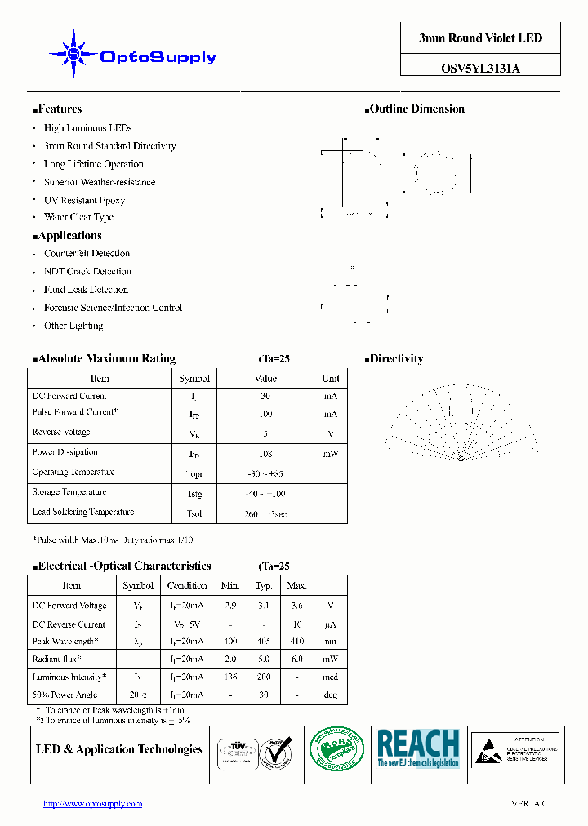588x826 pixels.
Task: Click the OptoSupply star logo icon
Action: pos(73,55)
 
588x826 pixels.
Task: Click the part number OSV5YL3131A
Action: pos(480,69)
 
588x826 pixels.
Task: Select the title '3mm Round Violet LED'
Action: pos(480,38)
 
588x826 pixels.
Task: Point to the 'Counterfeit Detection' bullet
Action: pos(87,254)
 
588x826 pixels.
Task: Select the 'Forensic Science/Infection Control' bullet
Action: pos(113,308)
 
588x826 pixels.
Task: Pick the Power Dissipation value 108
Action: pos(265,453)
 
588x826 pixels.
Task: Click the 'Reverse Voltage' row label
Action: pos(61,433)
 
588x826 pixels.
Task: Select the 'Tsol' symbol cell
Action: pos(194,513)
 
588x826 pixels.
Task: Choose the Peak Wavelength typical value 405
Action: pos(264,642)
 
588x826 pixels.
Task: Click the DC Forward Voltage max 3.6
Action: pos(296,606)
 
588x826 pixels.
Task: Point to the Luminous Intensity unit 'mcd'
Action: pos(330,677)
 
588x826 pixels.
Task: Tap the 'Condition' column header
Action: pos(187,585)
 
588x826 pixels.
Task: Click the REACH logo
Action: pos(417,746)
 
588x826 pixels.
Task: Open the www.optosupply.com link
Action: pos(92,804)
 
